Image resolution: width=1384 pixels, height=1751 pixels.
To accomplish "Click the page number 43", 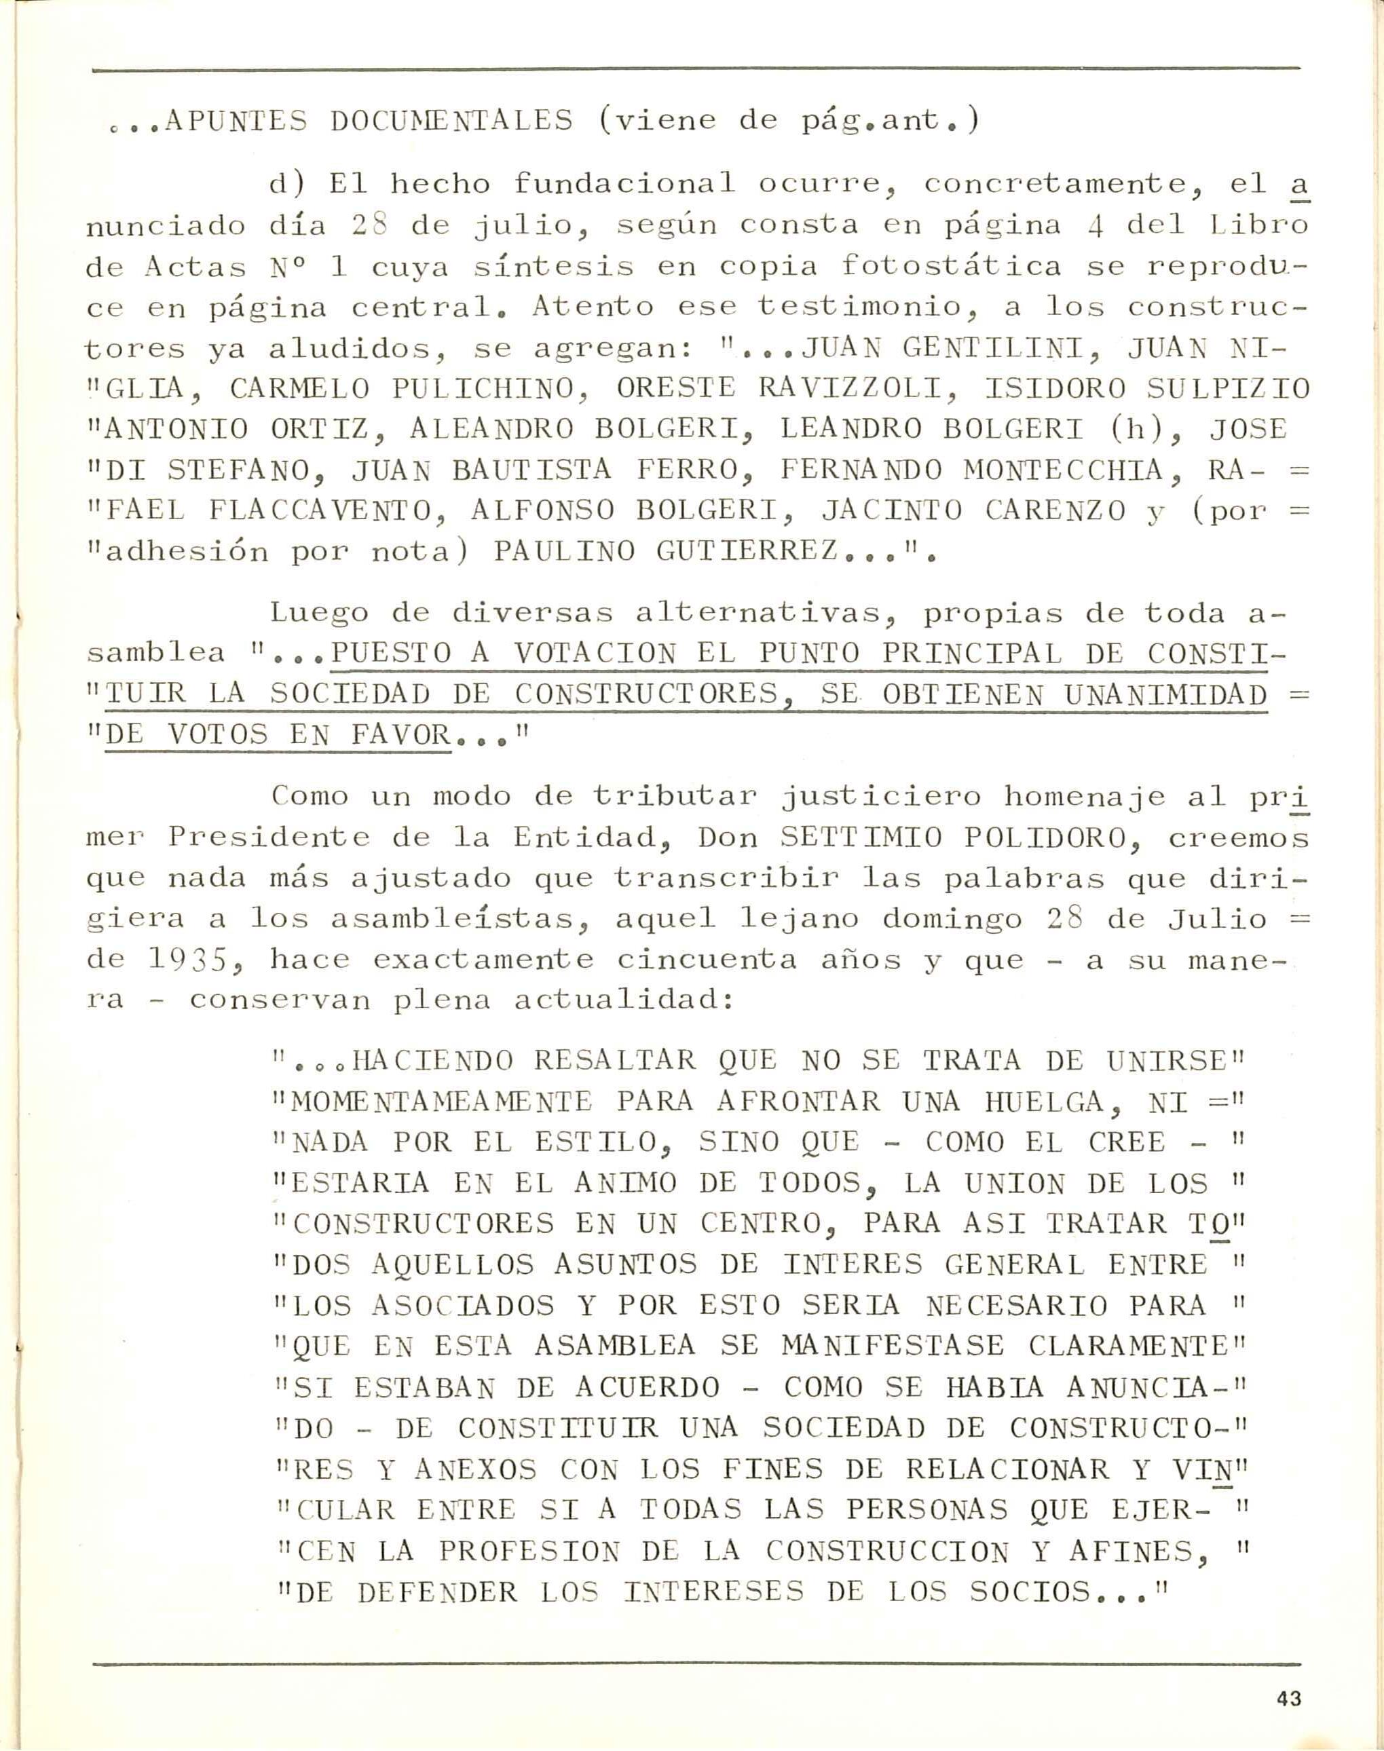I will [x=1288, y=1670].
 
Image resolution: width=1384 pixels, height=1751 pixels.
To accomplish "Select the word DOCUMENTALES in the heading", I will [x=451, y=121].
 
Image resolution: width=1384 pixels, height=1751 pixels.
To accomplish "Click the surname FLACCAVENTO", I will [x=324, y=511].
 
